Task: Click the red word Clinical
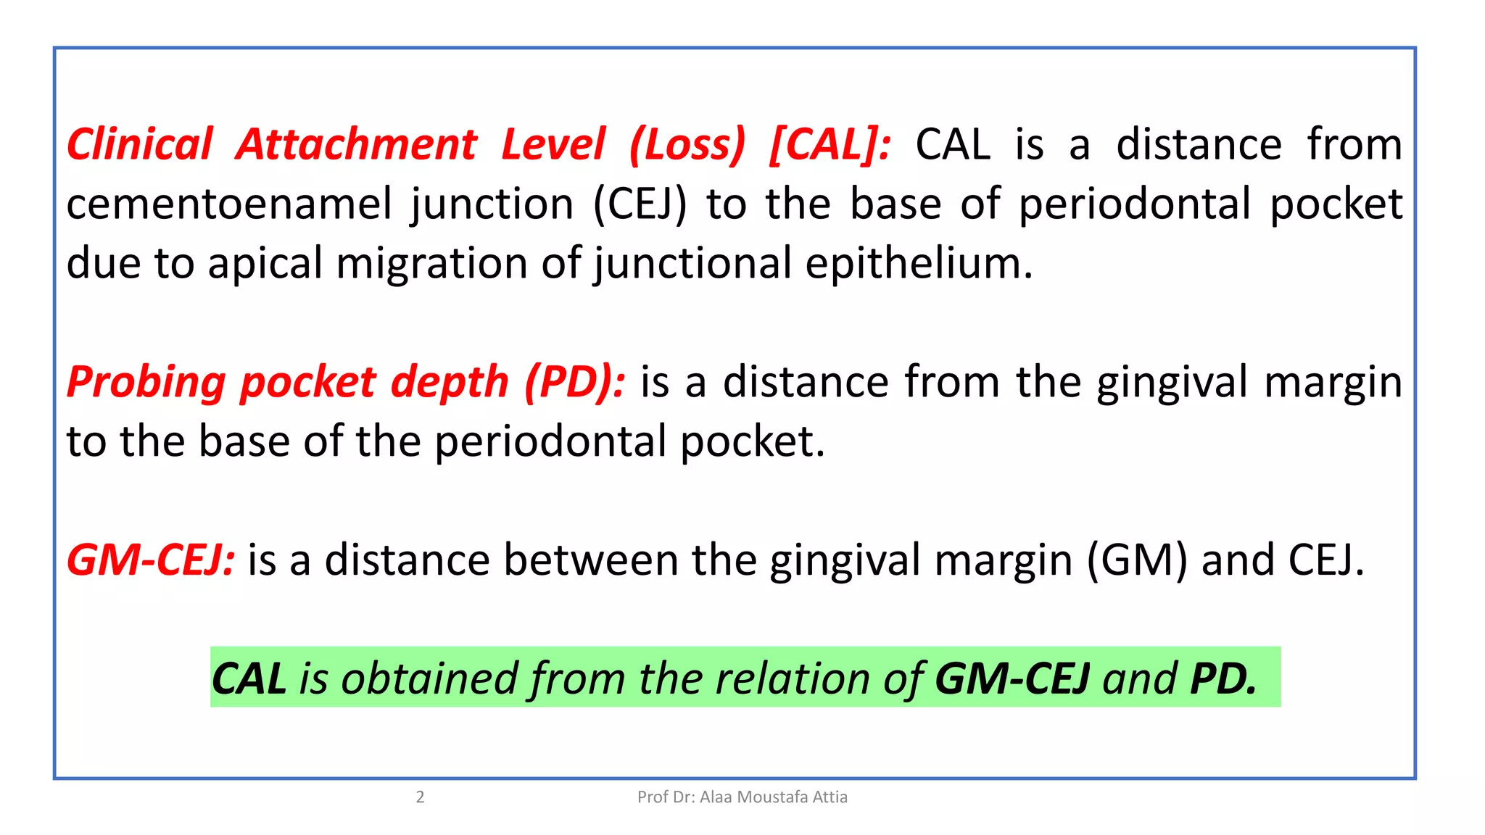140,144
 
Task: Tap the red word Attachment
356,144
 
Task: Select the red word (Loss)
687,144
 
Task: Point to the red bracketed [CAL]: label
830,144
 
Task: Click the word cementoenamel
229,204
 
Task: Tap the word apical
265,263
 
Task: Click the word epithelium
919,263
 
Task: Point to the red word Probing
146,382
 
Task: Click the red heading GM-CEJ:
151,560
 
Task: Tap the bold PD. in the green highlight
1223,678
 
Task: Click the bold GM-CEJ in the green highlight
1012,678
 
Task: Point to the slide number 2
420,797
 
